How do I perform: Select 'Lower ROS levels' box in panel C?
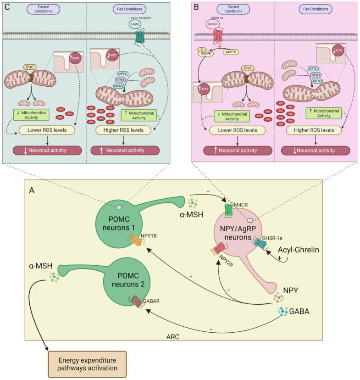tap(45, 130)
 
